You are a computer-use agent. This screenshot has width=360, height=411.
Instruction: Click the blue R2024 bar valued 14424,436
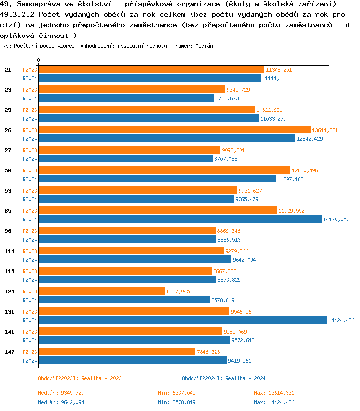pos(182,320)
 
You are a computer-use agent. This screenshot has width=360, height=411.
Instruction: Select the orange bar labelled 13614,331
pos(174,130)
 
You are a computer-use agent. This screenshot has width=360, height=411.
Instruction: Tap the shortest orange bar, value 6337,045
pos(102,291)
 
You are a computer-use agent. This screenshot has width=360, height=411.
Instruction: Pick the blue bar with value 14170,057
pos(180,219)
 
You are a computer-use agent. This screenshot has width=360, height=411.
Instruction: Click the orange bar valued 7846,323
pos(117,351)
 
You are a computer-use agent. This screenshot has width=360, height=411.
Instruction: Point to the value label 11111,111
pos(275,78)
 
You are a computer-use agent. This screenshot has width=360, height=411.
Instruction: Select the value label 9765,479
pos(247,199)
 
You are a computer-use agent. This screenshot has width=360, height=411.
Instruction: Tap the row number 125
pos(9,291)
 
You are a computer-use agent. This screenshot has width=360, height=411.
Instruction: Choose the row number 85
pos(8,210)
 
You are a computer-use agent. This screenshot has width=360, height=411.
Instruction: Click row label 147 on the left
pos(9,351)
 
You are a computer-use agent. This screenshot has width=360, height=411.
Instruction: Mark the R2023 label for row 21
pos(30,70)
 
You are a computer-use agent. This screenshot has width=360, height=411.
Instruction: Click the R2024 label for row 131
pos(30,320)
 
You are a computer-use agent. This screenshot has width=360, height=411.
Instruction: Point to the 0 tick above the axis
pos(39,60)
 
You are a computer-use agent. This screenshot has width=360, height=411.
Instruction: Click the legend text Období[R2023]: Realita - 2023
pos(80,378)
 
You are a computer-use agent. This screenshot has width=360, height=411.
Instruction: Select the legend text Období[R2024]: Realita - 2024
pos(224,378)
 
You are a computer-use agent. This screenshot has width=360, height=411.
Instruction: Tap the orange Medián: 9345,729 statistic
pos(61,393)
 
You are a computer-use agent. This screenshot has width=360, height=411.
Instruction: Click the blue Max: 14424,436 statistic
pos(274,402)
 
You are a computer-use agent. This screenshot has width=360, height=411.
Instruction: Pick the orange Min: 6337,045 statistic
pos(177,393)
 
